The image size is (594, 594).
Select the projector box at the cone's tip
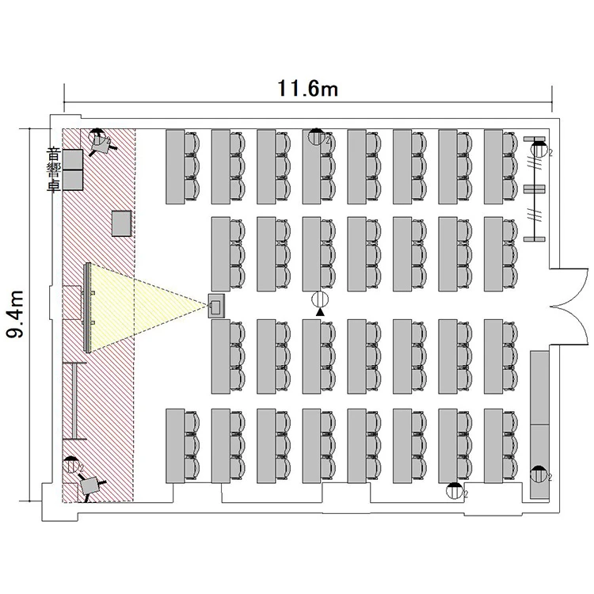(x=215, y=305)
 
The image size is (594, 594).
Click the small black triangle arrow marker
(x=320, y=314)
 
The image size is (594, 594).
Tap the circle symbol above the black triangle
(x=320, y=299)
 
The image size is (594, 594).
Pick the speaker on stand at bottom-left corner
(x=91, y=485)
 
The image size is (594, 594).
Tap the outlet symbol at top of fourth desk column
(x=317, y=136)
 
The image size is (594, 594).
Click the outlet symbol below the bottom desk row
(x=454, y=489)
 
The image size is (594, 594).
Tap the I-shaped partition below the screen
(x=73, y=399)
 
